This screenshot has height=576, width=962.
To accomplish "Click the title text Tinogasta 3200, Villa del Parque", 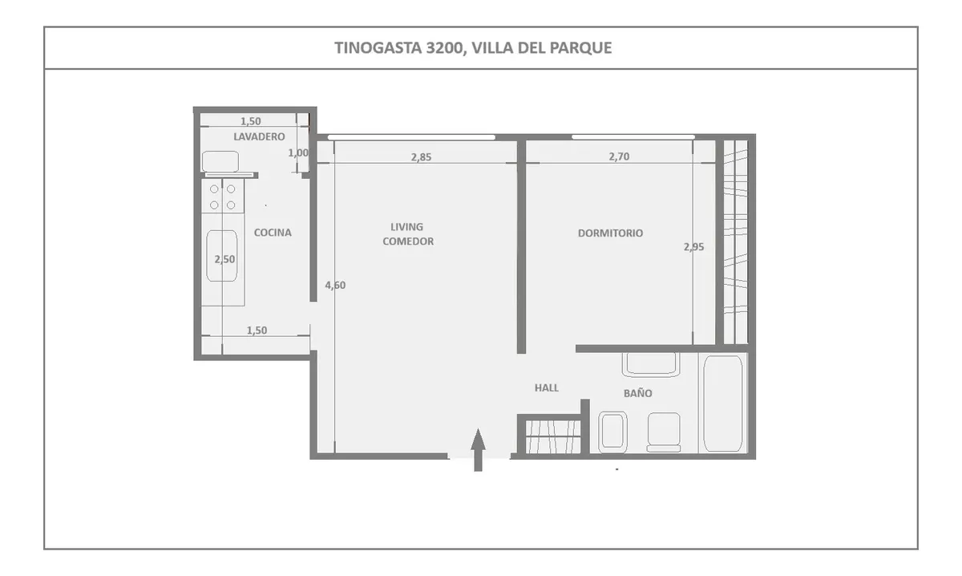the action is tap(473, 47).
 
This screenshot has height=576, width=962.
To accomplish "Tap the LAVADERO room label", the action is tap(259, 136).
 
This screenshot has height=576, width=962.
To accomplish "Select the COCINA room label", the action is tap(273, 233).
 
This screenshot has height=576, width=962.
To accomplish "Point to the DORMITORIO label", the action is tap(610, 233).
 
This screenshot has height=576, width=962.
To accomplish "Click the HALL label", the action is tap(547, 387).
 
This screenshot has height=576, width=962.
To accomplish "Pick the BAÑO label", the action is tap(638, 392).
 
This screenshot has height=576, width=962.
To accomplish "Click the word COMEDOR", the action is tap(408, 241).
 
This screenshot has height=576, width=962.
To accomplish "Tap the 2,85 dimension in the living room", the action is tap(421, 157).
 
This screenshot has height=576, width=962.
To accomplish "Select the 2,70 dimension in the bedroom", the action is tap(619, 156).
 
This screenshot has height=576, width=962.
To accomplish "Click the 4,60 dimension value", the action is tap(335, 285).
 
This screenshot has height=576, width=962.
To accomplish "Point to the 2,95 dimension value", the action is tap(693, 247).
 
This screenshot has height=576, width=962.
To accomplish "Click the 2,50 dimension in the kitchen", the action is tap(224, 259).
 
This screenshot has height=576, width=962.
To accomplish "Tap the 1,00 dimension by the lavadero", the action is tap(298, 152).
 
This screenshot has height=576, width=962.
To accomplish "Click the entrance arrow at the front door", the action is tap(478, 449).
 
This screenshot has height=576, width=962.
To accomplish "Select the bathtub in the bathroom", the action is tap(723, 404).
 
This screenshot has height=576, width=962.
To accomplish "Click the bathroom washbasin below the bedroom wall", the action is tap(651, 364).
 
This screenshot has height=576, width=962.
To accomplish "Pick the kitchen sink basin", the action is tap(221, 256).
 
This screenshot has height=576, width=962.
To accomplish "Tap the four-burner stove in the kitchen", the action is tap(223, 196).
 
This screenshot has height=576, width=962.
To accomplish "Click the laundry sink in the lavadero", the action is tap(220, 161).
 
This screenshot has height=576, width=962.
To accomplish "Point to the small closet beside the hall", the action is tap(552, 436).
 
